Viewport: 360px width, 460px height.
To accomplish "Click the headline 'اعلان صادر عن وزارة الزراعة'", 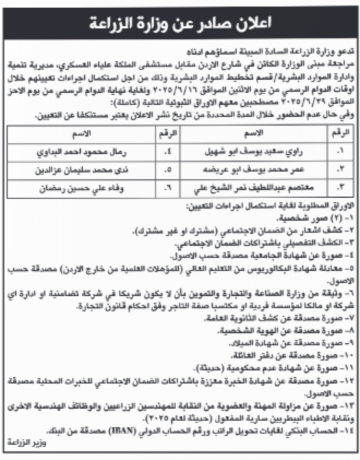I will pos(180,24).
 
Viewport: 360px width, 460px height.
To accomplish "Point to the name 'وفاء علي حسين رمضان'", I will pos(80,187).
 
